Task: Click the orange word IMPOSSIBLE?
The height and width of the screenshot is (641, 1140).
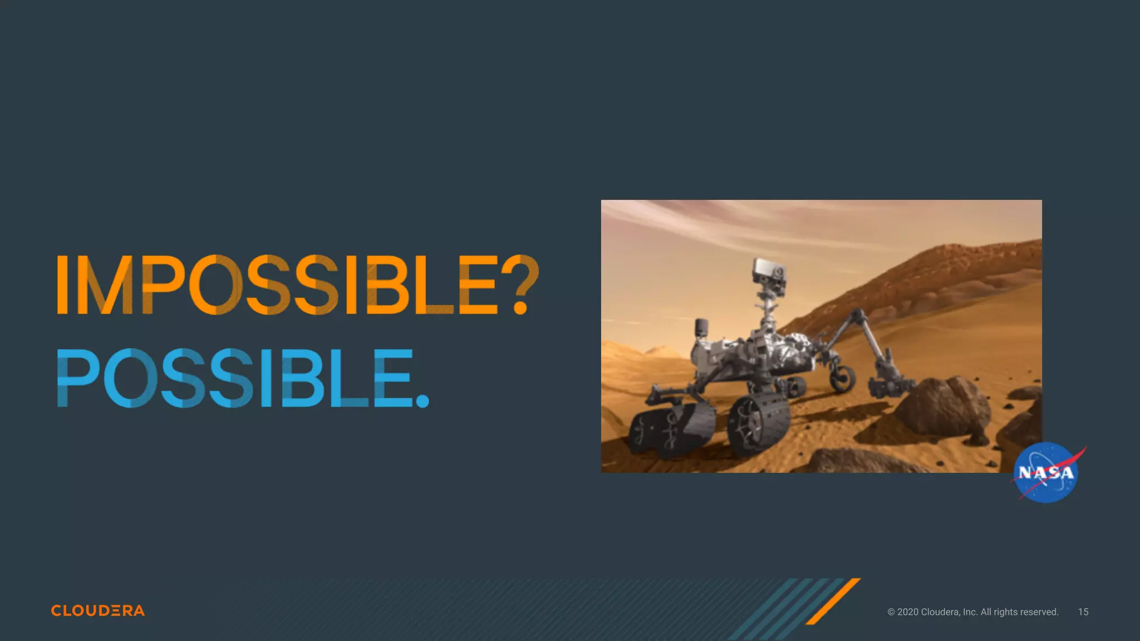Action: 298,285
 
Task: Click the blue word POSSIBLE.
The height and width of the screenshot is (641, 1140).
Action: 243,378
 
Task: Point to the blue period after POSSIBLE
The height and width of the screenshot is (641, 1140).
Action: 422,401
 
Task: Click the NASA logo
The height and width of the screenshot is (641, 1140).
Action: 1046,472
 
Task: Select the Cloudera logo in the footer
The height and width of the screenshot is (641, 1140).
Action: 98,610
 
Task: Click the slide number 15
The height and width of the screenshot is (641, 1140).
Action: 1083,612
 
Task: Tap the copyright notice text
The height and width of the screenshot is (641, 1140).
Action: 972,612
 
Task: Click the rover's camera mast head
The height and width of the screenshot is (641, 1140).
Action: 769,272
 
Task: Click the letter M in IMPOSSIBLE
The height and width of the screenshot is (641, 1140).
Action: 105,285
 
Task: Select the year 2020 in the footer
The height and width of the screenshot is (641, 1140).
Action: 908,612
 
